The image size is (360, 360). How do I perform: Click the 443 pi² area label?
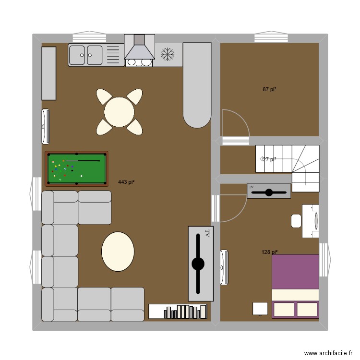pos(126,182)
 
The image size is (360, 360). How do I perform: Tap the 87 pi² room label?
pos(269,89)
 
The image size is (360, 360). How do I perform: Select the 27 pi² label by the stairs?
pos(269,159)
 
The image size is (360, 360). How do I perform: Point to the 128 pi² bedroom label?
pos(269,252)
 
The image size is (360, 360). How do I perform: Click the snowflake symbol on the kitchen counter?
pos(167,55)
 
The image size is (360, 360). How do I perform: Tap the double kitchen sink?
pos(86,55)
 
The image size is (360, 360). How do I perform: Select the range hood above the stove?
pos(139,47)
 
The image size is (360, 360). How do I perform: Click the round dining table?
pos(119,112)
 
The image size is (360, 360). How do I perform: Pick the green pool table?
pos(76,168)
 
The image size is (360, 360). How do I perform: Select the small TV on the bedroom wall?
pos(268,191)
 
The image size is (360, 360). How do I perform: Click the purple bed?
pos(295,286)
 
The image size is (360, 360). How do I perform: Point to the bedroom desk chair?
pos(296,221)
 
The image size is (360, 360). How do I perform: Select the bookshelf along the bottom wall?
pos(178,312)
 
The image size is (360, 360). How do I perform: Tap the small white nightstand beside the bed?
pos(260,308)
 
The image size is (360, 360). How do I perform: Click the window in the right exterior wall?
pos(324,260)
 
